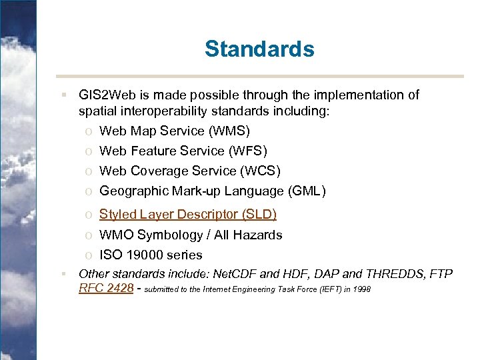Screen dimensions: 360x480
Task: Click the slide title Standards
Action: (x=259, y=49)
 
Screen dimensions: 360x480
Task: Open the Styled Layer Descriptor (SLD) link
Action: (x=187, y=214)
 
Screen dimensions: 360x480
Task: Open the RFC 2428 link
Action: (x=106, y=289)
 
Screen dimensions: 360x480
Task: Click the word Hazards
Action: (x=257, y=235)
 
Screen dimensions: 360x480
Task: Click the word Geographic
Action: (x=133, y=191)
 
